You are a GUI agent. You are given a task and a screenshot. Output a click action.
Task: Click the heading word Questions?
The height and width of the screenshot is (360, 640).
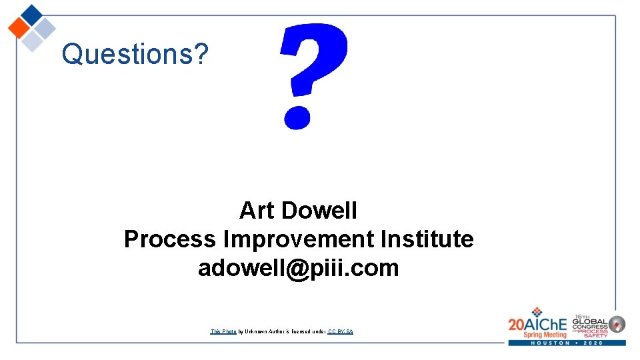click(x=135, y=54)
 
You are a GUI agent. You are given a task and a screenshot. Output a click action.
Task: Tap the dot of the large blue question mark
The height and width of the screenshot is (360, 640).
click(x=297, y=116)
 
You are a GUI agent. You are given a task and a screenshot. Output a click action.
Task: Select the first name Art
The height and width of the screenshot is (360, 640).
click(x=256, y=211)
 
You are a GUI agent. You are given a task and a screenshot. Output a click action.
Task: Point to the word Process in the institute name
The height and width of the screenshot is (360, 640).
click(x=170, y=239)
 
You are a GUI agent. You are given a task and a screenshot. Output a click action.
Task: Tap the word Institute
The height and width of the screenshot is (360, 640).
click(x=427, y=239)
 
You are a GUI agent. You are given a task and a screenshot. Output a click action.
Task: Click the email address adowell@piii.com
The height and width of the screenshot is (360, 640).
click(x=298, y=268)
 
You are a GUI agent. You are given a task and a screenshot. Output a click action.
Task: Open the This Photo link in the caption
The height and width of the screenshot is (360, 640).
click(x=223, y=331)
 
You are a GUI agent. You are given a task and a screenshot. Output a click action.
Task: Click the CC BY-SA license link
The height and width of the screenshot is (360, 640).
click(x=340, y=331)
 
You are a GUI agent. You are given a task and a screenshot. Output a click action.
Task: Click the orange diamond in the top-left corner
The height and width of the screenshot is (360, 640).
click(x=19, y=28)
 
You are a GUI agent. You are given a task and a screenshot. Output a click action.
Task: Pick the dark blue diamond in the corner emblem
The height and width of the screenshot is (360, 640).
click(x=31, y=14)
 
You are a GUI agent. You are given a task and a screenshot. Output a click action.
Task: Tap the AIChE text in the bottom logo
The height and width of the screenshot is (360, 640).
click(x=547, y=324)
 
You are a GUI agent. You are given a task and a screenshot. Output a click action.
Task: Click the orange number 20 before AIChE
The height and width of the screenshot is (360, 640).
click(x=517, y=325)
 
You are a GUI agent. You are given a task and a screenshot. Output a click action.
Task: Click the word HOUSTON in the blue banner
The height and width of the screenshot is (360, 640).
click(x=547, y=343)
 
